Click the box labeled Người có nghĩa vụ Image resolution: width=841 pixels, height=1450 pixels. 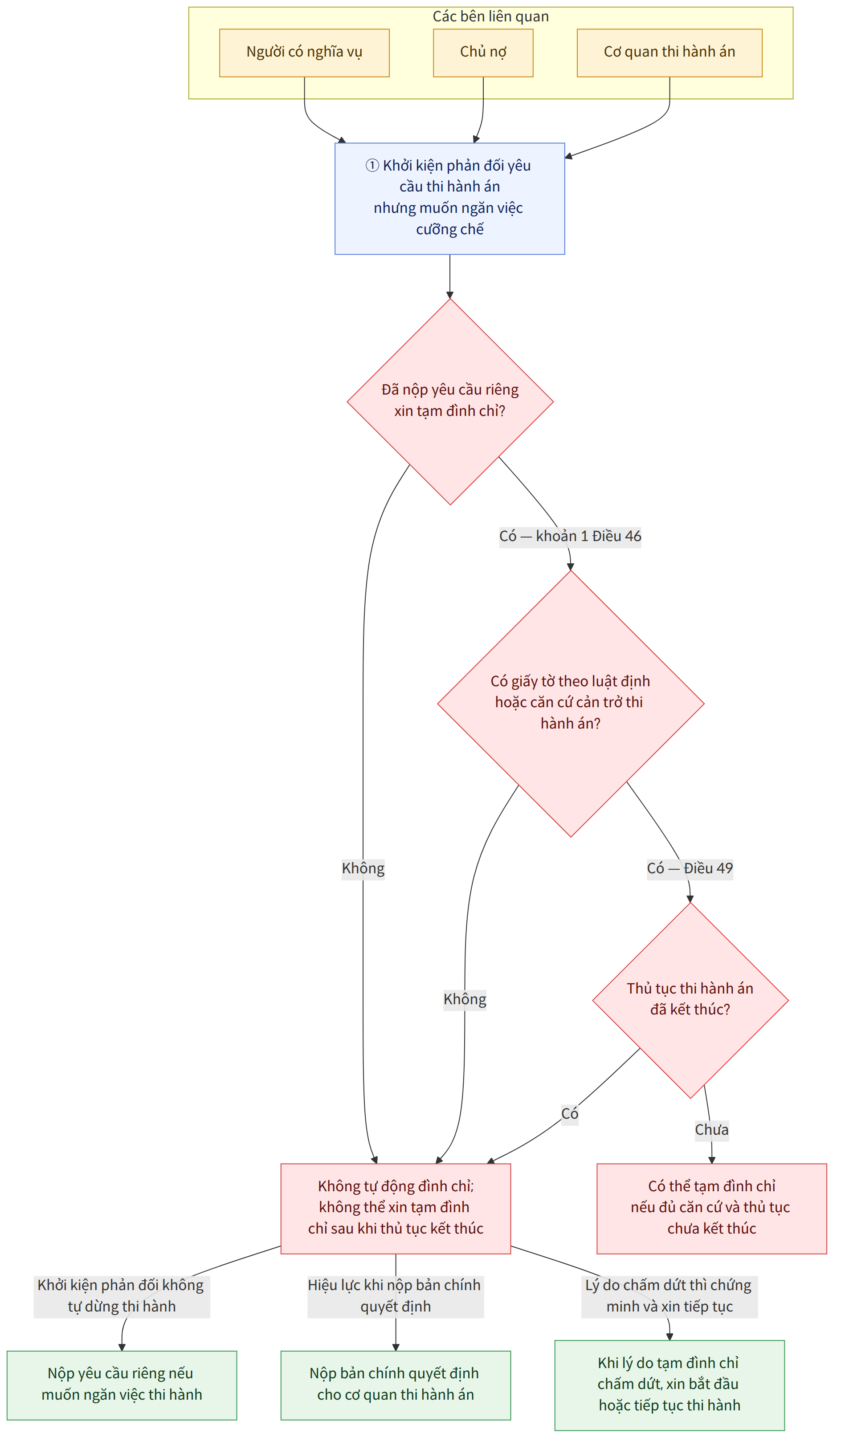pyautogui.click(x=304, y=53)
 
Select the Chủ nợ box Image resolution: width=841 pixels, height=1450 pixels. pyautogui.click(x=483, y=53)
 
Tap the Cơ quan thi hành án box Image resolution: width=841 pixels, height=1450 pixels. pyautogui.click(x=670, y=53)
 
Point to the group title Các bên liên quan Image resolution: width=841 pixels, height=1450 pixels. pyautogui.click(x=490, y=16)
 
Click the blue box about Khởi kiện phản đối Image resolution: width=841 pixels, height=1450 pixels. pyautogui.click(x=449, y=199)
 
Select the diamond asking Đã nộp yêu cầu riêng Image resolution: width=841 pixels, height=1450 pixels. pyautogui.click(x=450, y=402)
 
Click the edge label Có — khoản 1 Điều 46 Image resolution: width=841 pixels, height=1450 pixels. pyautogui.click(x=570, y=536)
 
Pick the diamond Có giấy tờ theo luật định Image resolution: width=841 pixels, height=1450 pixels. pyautogui.click(x=571, y=703)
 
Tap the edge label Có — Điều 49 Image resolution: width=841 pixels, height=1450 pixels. pyautogui.click(x=690, y=868)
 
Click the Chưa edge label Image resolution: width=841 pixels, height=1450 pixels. pyautogui.click(x=711, y=1129)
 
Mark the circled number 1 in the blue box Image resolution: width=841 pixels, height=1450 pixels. pyautogui.click(x=372, y=166)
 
